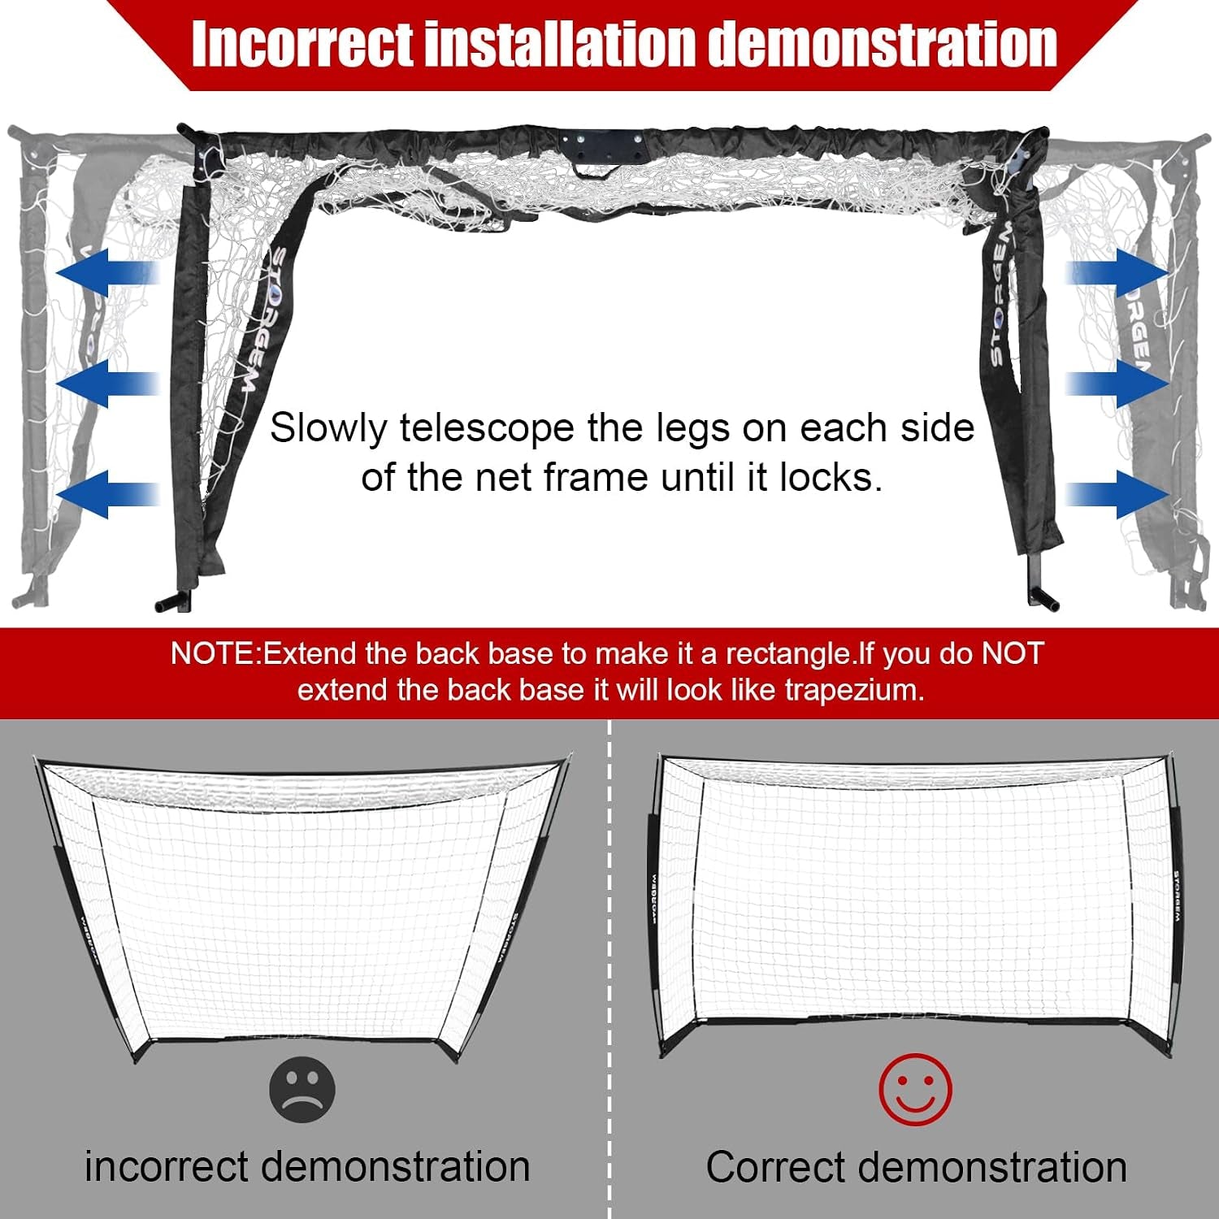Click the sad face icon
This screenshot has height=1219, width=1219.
coord(302,1090)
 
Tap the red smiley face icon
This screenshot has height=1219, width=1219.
coord(915,1090)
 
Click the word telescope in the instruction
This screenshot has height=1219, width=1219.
coord(487,429)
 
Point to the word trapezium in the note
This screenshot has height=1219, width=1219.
coord(854,691)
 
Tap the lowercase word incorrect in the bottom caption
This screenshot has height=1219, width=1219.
coord(167,1167)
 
